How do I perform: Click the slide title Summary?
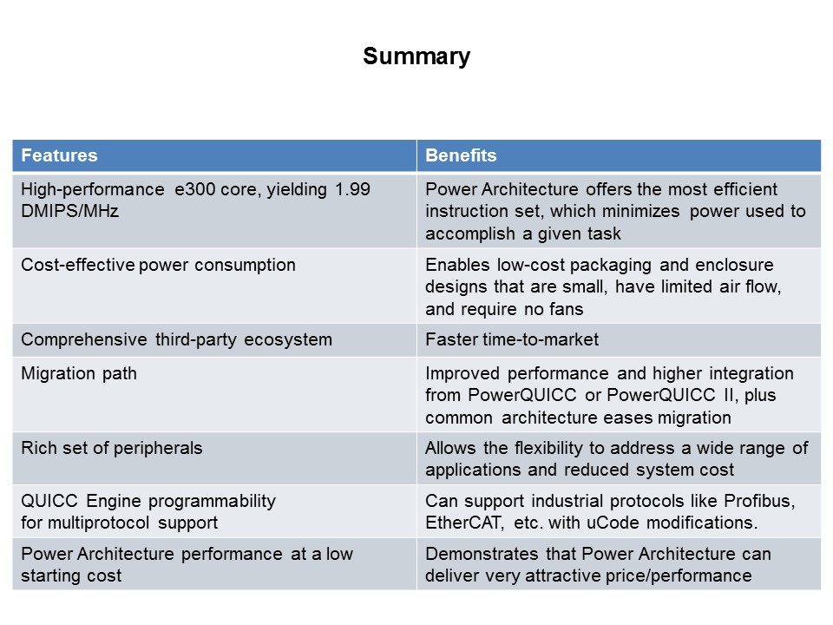[416, 56]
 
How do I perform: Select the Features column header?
[59, 156]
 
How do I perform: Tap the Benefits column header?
[461, 156]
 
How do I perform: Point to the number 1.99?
[353, 189]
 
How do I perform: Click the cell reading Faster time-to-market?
[512, 339]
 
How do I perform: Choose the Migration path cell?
[79, 373]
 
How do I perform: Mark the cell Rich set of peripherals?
[112, 448]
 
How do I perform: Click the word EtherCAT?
[461, 523]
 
